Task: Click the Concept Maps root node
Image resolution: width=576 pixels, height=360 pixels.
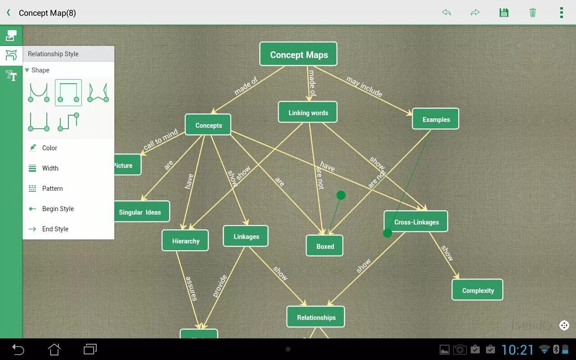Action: pos(298,54)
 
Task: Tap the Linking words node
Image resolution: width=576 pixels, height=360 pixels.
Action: pos(308,112)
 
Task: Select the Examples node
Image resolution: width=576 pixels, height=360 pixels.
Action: pos(436,119)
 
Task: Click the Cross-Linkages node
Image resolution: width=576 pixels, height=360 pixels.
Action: pos(416,222)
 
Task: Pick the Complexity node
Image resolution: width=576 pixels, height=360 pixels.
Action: pos(477,290)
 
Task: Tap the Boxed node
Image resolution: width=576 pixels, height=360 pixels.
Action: pos(324,246)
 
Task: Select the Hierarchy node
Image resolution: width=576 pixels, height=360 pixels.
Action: pos(185,241)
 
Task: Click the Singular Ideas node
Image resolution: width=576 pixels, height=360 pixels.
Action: pos(140,212)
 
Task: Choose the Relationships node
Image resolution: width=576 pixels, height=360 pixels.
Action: pos(316,317)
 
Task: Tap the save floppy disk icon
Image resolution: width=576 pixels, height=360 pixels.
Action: pos(504,13)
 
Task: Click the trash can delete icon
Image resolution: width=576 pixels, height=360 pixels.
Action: pos(532,13)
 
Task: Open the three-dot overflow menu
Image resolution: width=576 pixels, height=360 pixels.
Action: pos(561,13)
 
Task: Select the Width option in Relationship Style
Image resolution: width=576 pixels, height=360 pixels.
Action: pos(50,168)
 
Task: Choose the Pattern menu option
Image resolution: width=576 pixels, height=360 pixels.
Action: pos(52,189)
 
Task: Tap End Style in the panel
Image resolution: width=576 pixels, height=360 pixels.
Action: pos(55,229)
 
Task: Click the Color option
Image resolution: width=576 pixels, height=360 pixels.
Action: pos(49,148)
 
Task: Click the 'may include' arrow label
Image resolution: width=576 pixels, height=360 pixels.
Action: pos(364,86)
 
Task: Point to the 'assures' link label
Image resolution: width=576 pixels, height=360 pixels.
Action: pos(191,288)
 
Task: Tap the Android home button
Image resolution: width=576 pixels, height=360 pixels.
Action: pos(54,349)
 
